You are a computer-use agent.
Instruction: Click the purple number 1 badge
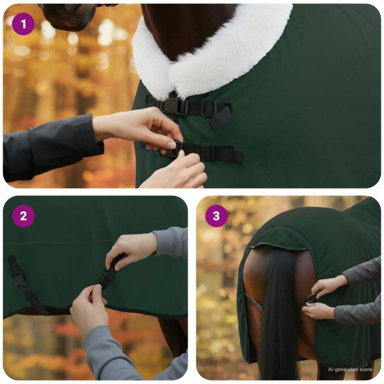[x=24, y=24]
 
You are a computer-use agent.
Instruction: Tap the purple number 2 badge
[x=24, y=216]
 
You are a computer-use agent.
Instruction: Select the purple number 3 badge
[x=216, y=216]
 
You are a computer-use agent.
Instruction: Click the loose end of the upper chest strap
[x=221, y=118]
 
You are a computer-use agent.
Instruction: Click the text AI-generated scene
[x=350, y=369]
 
